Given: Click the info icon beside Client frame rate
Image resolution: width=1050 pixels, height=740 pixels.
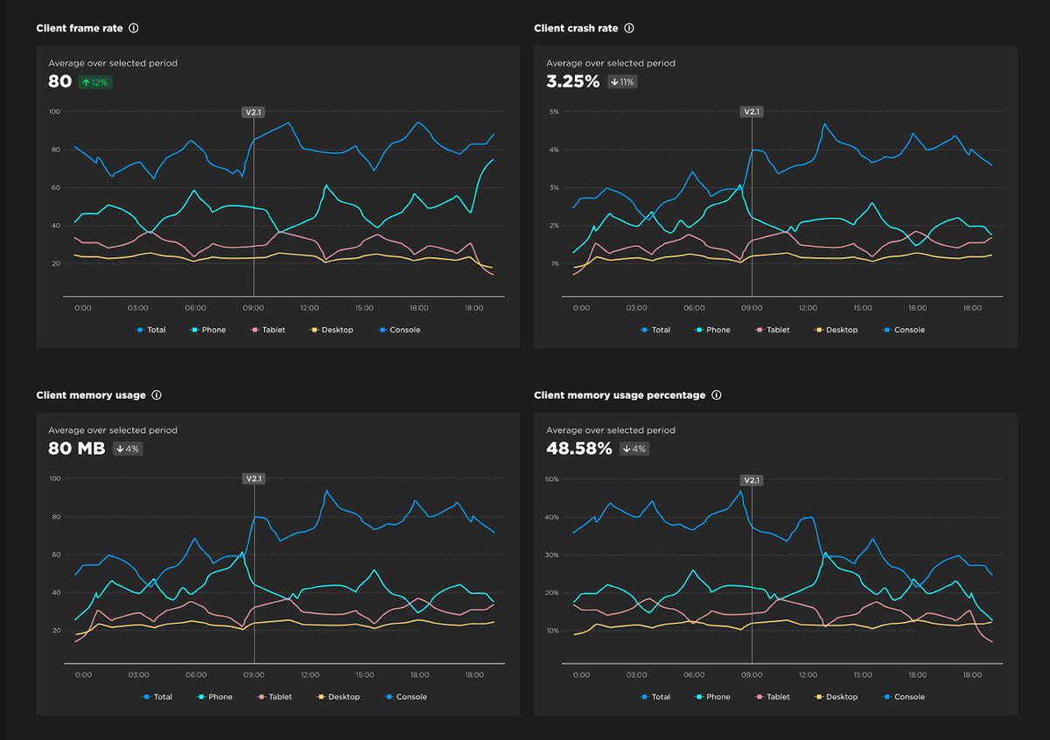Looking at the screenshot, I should [x=134, y=28].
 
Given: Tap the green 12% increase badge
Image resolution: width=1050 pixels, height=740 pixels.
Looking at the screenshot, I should [x=95, y=82].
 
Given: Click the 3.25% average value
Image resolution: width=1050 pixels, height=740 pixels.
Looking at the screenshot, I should [x=573, y=81].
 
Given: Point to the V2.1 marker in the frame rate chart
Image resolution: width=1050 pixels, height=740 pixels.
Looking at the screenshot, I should [x=253, y=112].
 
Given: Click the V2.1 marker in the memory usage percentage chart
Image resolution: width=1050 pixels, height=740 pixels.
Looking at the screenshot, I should [x=752, y=479].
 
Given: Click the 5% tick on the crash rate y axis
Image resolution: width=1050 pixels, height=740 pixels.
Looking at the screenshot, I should [x=553, y=112].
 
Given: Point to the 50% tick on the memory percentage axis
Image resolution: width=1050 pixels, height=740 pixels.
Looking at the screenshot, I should [x=552, y=479].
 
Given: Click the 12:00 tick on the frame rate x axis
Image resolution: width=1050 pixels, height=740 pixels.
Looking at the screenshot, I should [x=309, y=308].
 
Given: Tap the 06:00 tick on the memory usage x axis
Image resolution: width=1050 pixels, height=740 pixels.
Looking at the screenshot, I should [x=195, y=675].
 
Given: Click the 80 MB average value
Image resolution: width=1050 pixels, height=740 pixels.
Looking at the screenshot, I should [x=76, y=449].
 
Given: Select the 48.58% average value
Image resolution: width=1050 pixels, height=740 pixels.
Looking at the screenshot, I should [x=578, y=449].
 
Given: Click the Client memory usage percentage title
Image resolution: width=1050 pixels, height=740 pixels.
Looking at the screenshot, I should [x=619, y=395].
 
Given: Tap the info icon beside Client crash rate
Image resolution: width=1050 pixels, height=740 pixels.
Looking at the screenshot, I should [x=629, y=28].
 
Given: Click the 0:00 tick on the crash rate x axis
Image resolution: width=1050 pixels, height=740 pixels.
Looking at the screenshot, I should [x=581, y=308].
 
